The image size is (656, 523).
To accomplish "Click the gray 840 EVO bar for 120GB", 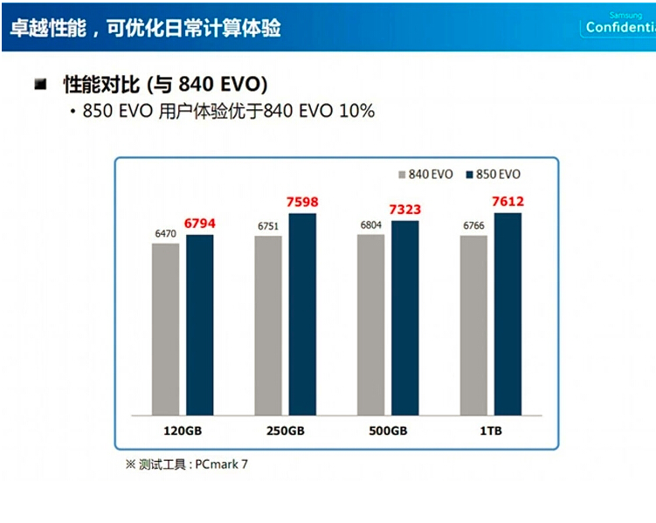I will [165, 329].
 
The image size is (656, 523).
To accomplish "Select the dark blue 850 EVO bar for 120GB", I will [200, 325].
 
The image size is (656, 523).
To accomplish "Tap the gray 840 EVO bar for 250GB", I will [268, 326].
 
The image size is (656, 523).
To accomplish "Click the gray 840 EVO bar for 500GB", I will [370, 325].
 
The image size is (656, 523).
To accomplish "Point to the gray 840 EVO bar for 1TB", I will [473, 326].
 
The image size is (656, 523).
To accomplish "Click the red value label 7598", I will [302, 203].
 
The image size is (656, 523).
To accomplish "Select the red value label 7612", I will [508, 202].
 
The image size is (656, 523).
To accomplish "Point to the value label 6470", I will [164, 234].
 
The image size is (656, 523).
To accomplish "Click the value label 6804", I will [370, 224].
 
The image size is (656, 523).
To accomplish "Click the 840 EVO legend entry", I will [425, 175].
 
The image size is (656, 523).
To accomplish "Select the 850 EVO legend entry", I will [494, 175].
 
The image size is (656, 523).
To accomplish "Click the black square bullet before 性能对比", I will [40, 85].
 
